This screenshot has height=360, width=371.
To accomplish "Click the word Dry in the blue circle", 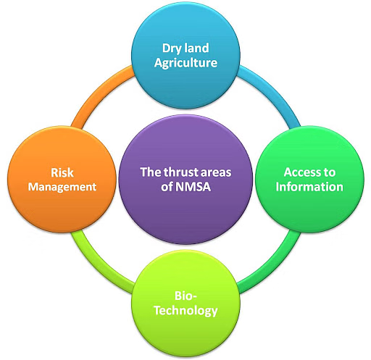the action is [171, 49].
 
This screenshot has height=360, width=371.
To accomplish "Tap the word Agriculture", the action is [185, 63].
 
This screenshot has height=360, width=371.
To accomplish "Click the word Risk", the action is [62, 173].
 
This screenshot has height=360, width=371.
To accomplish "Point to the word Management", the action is [62, 188].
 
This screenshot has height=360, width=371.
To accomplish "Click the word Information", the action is [309, 187].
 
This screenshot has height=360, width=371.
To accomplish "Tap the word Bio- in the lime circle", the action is [185, 296].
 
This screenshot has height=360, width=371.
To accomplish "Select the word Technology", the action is [185, 311].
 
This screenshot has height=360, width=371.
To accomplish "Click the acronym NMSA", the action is [193, 187].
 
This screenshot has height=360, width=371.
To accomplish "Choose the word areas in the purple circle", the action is [216, 173].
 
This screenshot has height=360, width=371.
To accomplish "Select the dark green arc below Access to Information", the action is [273, 267].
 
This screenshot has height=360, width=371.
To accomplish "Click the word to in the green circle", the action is [328, 173].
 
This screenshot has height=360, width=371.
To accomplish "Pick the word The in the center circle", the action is [151, 172].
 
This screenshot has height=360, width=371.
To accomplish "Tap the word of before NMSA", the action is [167, 187].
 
